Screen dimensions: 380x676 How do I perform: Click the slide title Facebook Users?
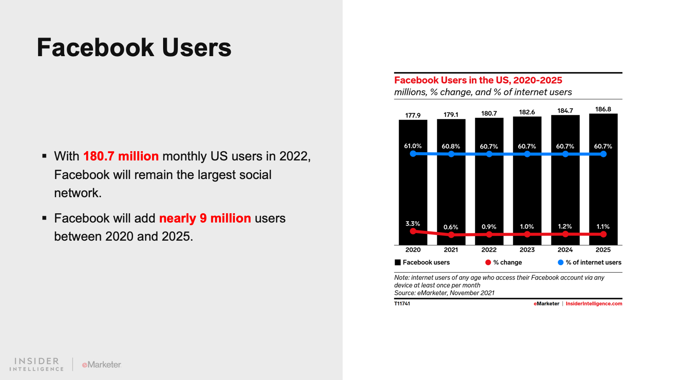coord(134,47)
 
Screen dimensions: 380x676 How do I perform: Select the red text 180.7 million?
coord(121,156)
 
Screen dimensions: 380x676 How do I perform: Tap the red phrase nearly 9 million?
coord(205,218)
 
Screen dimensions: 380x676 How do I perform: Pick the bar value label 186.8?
coord(603,109)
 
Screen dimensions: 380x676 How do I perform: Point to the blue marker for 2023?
coord(527,154)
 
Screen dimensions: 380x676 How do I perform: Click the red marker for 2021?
coord(451,234)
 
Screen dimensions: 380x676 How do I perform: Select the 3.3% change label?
coord(413,224)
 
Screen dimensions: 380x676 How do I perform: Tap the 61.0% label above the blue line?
coord(413,146)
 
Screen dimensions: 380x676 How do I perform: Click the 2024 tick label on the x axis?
coord(565,250)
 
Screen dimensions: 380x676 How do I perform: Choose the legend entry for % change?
coord(504,263)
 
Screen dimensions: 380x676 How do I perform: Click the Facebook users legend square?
coord(398,263)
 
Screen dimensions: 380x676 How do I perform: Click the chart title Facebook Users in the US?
coord(478,80)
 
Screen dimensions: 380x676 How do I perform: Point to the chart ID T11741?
coord(402,304)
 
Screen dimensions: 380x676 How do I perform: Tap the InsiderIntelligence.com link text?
coord(594,304)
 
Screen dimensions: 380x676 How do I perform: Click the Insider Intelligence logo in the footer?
coord(37,364)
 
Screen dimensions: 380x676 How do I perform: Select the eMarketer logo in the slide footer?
coord(101,364)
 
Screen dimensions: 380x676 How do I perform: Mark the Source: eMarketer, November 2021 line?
coord(444,293)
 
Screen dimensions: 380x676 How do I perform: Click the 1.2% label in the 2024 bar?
coord(565,227)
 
